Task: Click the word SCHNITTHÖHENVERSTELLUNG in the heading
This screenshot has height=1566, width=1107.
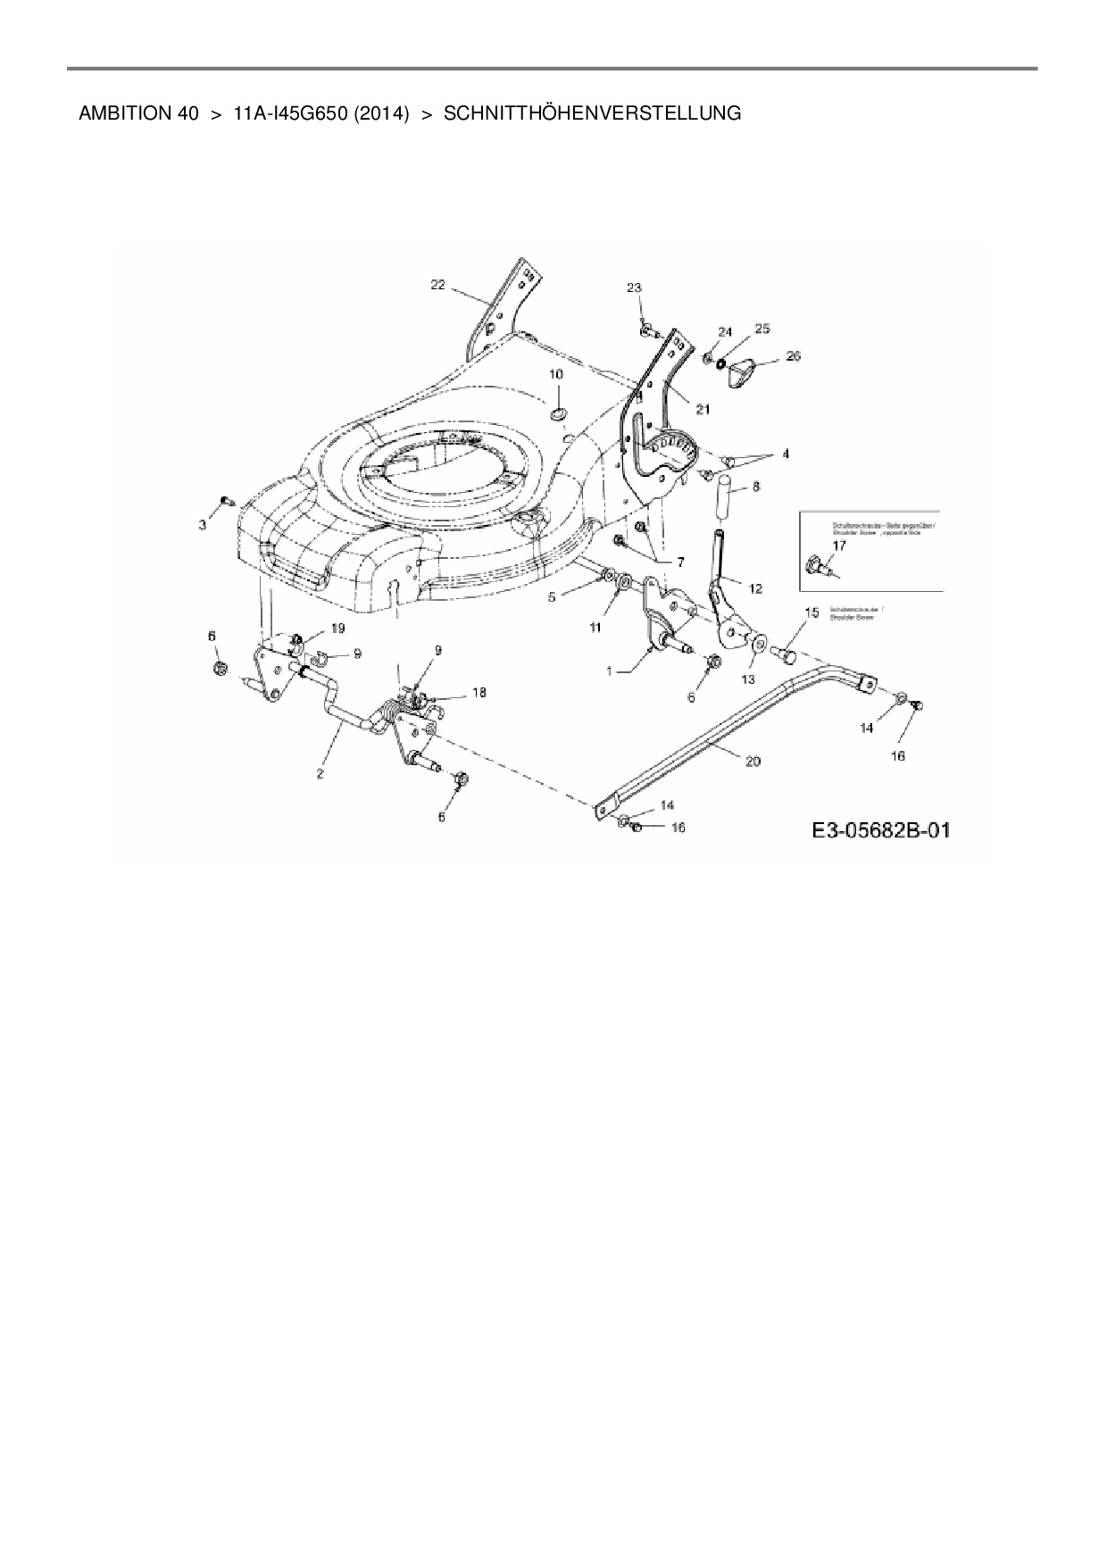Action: [x=592, y=113]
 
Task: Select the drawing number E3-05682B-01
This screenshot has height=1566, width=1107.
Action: [x=880, y=830]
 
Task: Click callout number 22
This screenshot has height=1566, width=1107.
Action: [x=437, y=284]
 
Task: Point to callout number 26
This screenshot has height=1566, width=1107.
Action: [x=793, y=356]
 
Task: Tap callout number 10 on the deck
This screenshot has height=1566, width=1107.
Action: [x=555, y=375]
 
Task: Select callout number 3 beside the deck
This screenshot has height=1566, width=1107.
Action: [x=203, y=525]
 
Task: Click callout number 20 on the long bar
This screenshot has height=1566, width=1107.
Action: [x=753, y=761]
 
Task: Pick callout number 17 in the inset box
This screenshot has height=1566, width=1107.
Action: [x=839, y=546]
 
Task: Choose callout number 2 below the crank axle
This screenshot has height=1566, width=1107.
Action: [x=320, y=774]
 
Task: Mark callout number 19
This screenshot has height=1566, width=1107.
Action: [x=337, y=629]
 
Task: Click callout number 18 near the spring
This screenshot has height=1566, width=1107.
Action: [x=479, y=692]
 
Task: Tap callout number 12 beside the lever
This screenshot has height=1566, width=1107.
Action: [x=755, y=588]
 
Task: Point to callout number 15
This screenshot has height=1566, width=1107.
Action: [x=812, y=612]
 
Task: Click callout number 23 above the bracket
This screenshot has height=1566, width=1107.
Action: [x=634, y=287]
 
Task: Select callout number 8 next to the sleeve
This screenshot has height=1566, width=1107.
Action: [x=756, y=487]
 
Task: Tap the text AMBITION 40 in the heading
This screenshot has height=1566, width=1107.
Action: [x=138, y=113]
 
